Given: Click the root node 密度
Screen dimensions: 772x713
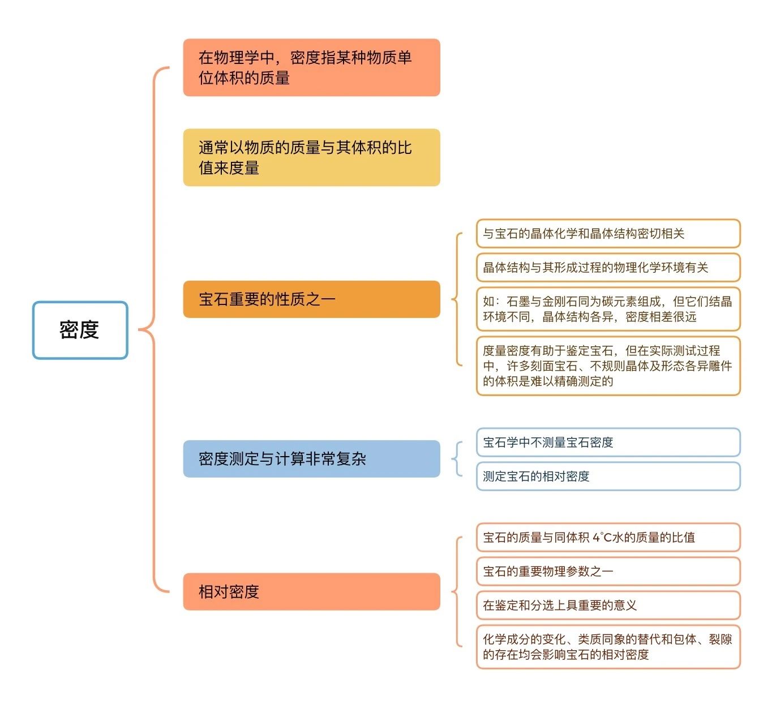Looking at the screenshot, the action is point(80,330).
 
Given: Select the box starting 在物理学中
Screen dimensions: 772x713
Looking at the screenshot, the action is point(311,67).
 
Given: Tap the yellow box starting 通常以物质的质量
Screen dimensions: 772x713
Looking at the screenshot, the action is point(311,157).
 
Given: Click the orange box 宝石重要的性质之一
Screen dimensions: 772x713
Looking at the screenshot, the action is point(311,299).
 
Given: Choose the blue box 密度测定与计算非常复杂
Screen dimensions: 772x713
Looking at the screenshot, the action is point(311,459).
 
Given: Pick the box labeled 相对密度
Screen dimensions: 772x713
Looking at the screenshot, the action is point(311,592).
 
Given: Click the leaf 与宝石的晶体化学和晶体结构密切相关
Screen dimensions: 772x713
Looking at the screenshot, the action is point(608,233).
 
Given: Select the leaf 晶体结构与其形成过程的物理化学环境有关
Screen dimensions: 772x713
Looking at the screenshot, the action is point(608,268).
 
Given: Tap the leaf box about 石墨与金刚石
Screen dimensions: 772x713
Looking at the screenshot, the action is point(608,309).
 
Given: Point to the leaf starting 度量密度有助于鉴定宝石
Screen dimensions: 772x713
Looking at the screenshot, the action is point(608,366).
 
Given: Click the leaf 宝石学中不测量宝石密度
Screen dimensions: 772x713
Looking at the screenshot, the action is point(608,442).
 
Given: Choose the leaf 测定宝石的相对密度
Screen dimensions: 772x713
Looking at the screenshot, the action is point(608,476).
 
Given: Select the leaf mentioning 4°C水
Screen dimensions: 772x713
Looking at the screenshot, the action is point(608,537).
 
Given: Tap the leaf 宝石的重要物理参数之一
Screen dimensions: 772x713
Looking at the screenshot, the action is point(608,571).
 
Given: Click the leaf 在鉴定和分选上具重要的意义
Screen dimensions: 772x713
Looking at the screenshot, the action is point(608,605).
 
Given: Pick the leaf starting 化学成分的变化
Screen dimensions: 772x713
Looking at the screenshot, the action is point(608,647).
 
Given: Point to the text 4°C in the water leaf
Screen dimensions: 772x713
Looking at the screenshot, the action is point(602,537).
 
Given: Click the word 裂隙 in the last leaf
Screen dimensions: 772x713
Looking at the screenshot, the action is point(720,639).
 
